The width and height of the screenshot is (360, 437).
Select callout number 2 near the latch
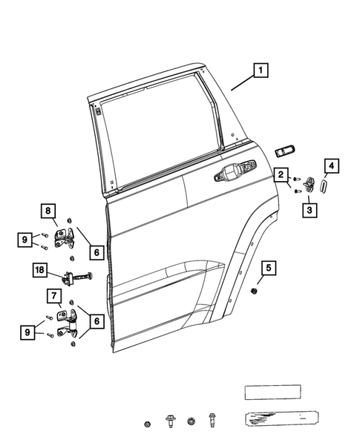281,175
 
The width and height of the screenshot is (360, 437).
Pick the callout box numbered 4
332,165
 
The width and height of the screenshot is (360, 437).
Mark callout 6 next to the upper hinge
96,253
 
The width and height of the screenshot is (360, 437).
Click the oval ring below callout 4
323,185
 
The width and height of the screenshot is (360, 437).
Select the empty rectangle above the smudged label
272,392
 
